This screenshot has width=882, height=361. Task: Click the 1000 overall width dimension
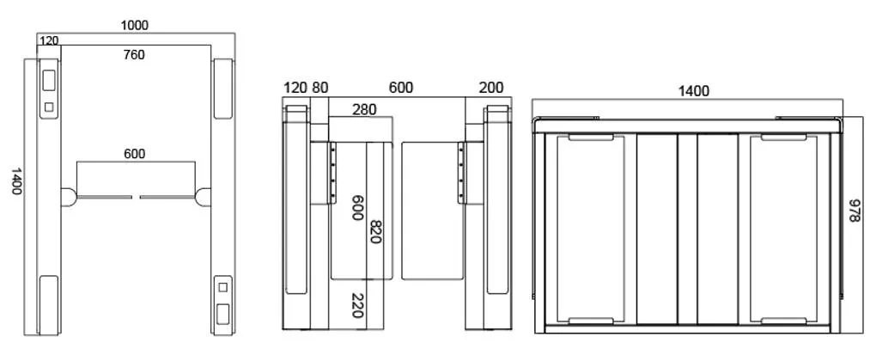pos(135,25)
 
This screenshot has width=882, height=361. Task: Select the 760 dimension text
pos(134,55)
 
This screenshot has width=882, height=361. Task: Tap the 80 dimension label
pos(319,88)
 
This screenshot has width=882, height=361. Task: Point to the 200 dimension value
pos(491,88)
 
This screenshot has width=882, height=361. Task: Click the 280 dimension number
pos(364,109)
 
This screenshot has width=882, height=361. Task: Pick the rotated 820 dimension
pos(376,231)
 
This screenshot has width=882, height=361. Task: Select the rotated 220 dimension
pos(356,305)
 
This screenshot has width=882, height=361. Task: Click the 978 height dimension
pos(854,210)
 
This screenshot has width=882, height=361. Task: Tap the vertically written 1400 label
pos(16,180)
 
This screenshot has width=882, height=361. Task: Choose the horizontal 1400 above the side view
pos(694,90)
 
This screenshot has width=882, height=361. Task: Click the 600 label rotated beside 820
pos(356,208)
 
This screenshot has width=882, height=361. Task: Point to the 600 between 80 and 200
pos(400,88)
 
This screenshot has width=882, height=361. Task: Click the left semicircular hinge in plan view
pos(69,197)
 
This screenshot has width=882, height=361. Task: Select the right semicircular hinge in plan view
pos(203,197)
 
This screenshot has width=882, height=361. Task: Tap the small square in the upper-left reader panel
pos(49,107)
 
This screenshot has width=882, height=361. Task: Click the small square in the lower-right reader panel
pos(222,287)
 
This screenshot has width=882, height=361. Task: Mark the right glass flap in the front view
pos(433,211)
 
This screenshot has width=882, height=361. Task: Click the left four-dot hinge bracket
pos(332,173)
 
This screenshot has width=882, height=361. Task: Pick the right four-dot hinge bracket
pos(461,173)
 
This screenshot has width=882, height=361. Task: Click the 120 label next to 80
pos(295,88)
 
